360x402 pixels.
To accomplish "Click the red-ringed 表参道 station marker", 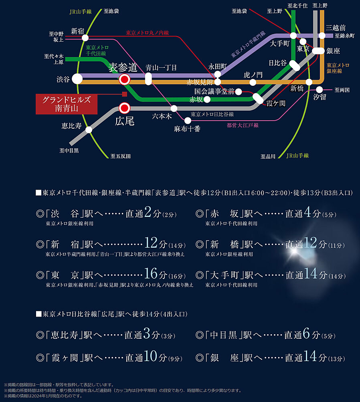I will [x=125, y=79].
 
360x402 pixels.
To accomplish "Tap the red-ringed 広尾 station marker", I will [x=125, y=108].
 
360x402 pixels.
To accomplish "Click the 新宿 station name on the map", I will [x=78, y=31].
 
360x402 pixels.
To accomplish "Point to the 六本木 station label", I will [x=162, y=116].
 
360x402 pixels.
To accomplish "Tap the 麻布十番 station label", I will [x=187, y=129].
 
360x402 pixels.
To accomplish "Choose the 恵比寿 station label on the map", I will [x=72, y=126].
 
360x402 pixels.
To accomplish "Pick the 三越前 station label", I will [x=336, y=28].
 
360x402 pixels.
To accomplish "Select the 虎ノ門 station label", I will [x=253, y=75].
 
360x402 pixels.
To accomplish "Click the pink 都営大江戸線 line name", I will [x=243, y=125].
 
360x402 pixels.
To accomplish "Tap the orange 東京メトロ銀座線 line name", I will [x=338, y=68].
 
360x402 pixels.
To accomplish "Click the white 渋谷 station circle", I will [x=77, y=79].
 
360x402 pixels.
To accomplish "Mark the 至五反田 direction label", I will [x=120, y=156].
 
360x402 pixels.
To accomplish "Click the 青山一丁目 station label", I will [x=161, y=68].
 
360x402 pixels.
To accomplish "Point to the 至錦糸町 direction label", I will [x=345, y=36].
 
